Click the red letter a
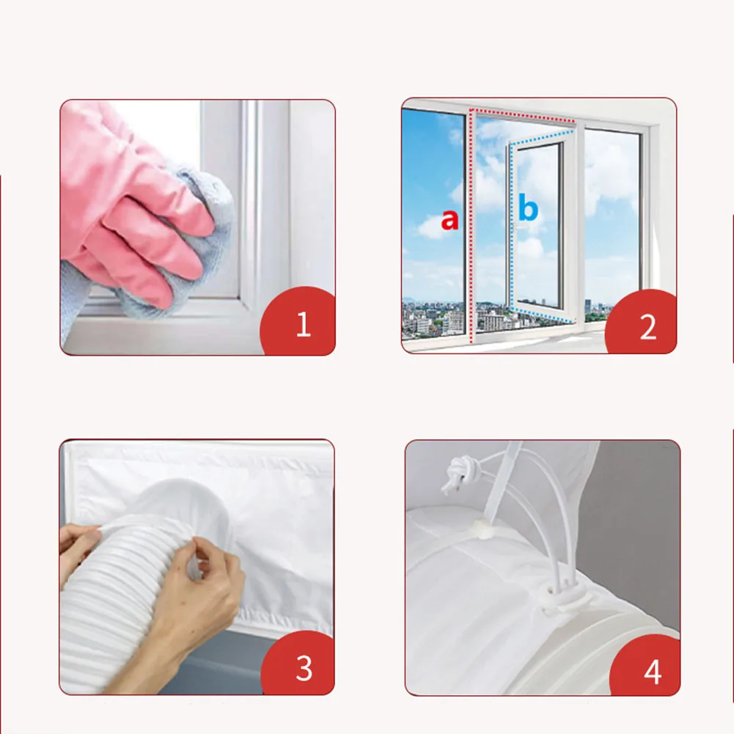tap(449, 219)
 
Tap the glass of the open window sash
tap(538, 224)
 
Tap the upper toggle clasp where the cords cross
tap(477, 527)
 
